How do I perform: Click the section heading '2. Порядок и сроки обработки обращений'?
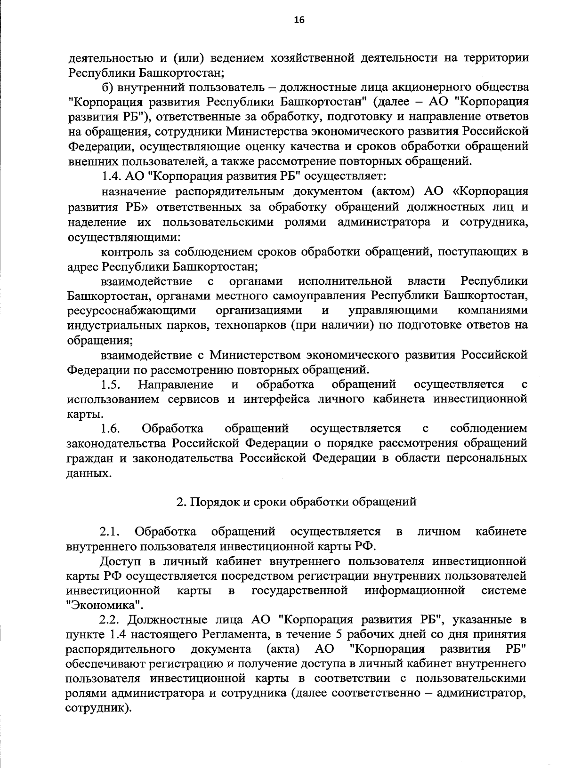click(x=296, y=502)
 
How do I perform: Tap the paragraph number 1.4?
click(x=112, y=176)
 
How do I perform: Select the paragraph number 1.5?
click(x=112, y=385)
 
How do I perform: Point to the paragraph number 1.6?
click(x=112, y=429)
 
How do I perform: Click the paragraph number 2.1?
click(x=111, y=532)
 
